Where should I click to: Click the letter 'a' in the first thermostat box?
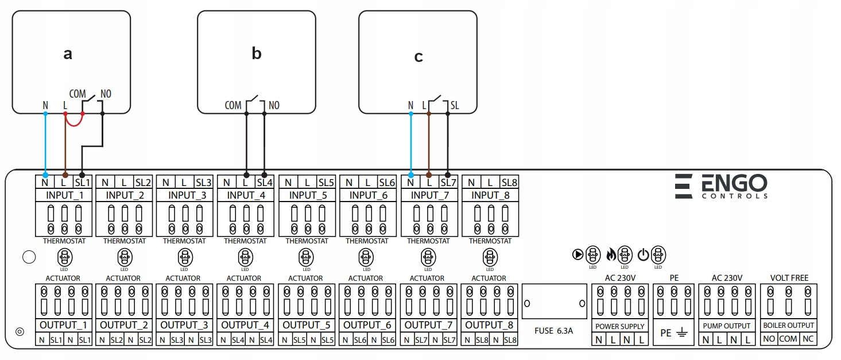pyautogui.click(x=68, y=54)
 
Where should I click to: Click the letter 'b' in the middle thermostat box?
pyautogui.click(x=257, y=53)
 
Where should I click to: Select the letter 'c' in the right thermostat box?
pyautogui.click(x=418, y=56)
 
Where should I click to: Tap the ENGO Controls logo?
pyautogui.click(x=721, y=186)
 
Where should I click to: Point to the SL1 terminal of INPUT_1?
pyautogui.click(x=82, y=183)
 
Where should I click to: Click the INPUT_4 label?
pyautogui.click(x=245, y=195)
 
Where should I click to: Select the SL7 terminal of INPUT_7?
pyautogui.click(x=448, y=183)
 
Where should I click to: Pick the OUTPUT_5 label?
pyautogui.click(x=306, y=325)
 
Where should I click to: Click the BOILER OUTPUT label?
pyautogui.click(x=789, y=326)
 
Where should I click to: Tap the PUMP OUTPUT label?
pyautogui.click(x=727, y=326)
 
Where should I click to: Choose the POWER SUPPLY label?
pyautogui.click(x=620, y=326)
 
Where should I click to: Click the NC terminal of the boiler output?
pyautogui.click(x=808, y=339)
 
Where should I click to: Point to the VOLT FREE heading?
pyautogui.click(x=789, y=278)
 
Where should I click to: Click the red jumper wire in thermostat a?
pyautogui.click(x=73, y=123)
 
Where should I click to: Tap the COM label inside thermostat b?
pyautogui.click(x=233, y=106)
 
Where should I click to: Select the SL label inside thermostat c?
pyautogui.click(x=455, y=106)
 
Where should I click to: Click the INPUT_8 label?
pyautogui.click(x=490, y=195)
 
